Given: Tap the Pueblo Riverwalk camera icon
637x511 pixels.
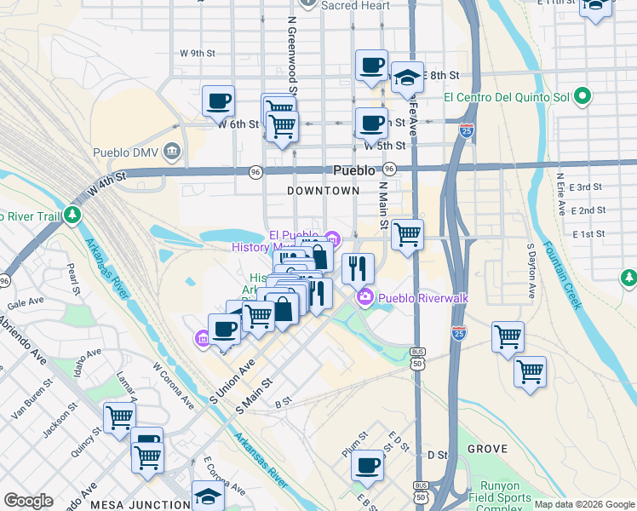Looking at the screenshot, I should click(365, 297).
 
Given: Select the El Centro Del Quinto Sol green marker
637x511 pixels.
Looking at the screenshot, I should click(583, 96).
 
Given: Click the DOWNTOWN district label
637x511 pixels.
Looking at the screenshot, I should click(324, 191).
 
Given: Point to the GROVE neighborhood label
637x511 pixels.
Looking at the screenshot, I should click(488, 449).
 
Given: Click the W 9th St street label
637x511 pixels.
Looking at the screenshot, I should click(197, 53).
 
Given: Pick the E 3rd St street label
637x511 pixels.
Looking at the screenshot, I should click(587, 187).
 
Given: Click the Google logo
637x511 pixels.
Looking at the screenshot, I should click(27, 501).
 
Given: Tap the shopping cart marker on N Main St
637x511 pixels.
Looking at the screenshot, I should click(408, 234).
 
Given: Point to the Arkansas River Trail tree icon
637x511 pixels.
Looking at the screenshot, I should click(73, 214).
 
